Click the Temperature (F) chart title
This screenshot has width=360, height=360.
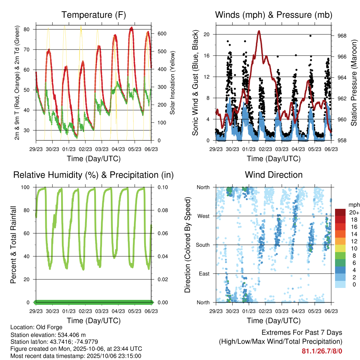tap(94, 15)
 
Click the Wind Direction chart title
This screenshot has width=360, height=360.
tap(274, 174)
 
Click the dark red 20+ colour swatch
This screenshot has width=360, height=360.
tap(340, 212)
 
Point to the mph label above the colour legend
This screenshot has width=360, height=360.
tap(353, 205)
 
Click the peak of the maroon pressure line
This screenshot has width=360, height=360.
tap(259, 31)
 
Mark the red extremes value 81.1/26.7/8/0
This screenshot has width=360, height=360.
tap(322, 351)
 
